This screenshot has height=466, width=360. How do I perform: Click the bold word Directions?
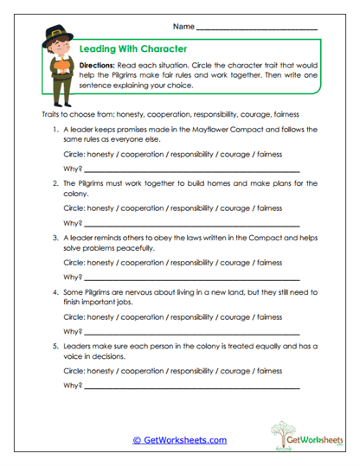[x=100, y=66]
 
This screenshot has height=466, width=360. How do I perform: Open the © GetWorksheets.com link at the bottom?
[x=179, y=440]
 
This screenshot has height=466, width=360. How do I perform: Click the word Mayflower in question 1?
[x=232, y=128]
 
